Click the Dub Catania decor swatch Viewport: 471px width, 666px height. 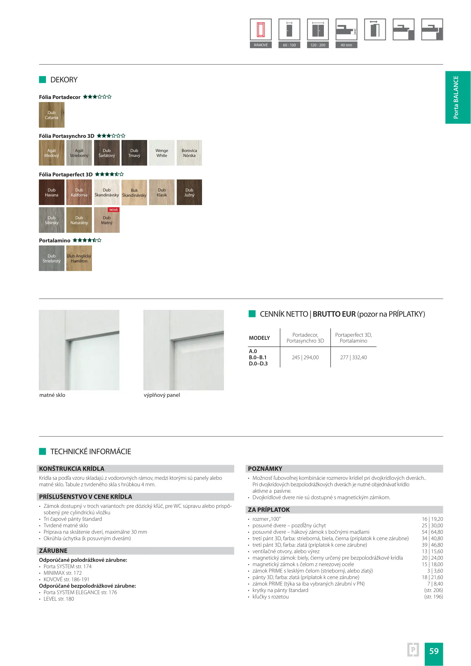click(x=52, y=115)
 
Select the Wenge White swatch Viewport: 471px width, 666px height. click(x=162, y=153)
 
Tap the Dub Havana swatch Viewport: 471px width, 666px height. click(x=52, y=192)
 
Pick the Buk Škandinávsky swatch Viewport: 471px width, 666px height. click(x=134, y=193)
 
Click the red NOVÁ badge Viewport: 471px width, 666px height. click(x=114, y=210)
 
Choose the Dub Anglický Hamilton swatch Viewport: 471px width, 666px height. click(x=79, y=258)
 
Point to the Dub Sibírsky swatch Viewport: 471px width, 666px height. click(x=52, y=220)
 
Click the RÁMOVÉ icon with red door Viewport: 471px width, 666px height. click(x=261, y=30)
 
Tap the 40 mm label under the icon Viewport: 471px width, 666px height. click(x=346, y=45)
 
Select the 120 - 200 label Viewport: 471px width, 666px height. click(x=318, y=45)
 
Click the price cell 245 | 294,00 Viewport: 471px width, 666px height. click(x=305, y=357)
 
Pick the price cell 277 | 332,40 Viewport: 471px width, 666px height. click(x=353, y=357)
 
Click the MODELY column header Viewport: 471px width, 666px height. click(x=259, y=338)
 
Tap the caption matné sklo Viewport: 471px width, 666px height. click(x=52, y=395)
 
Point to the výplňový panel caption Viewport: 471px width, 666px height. click(x=162, y=395)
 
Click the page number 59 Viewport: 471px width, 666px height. click(x=434, y=651)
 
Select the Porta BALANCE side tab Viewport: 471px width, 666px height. click(x=458, y=97)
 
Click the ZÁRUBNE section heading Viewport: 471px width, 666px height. click(x=53, y=551)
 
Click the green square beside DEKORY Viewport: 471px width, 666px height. click(x=43, y=80)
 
